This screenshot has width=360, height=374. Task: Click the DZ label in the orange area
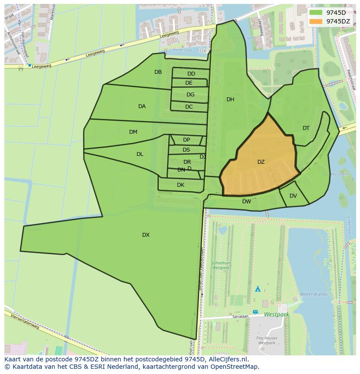coord(261,162)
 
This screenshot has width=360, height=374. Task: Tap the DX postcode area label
coord(146,235)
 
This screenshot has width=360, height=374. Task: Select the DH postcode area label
coord(230,99)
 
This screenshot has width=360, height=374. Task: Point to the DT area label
coord(306,128)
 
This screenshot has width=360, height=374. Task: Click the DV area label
coord(293,196)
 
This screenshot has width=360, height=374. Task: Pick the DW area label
coord(247,202)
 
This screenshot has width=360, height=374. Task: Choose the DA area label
coord(142,106)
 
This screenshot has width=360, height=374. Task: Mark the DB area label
coord(158,72)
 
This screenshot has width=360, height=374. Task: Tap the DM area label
coord(133,132)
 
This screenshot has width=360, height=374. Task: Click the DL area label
coord(140,154)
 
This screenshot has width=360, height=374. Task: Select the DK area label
coord(180,185)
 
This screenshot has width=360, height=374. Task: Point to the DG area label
coord(190,95)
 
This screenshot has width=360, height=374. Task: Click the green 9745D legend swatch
coord(316,13)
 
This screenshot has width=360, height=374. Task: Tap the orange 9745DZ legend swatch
coord(316,21)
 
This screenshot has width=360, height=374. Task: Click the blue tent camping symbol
coord(257,288)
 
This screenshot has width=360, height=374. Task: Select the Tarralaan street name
coord(240,317)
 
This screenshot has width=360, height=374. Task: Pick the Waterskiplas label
coord(313,294)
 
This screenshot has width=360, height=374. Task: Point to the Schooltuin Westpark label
coord(220,265)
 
